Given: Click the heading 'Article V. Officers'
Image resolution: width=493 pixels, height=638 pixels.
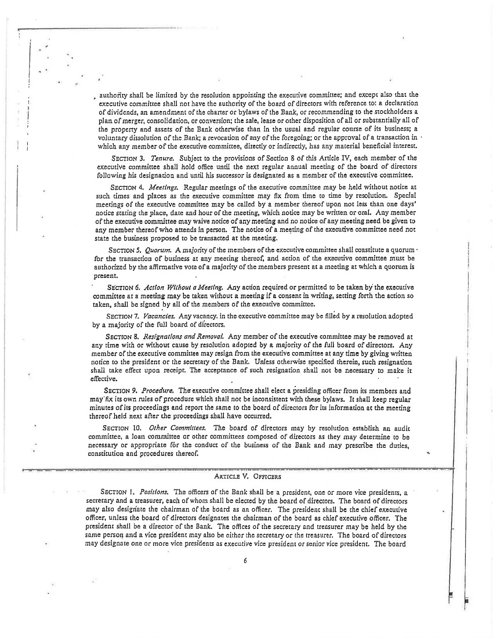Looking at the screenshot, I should [x=248, y=476].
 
